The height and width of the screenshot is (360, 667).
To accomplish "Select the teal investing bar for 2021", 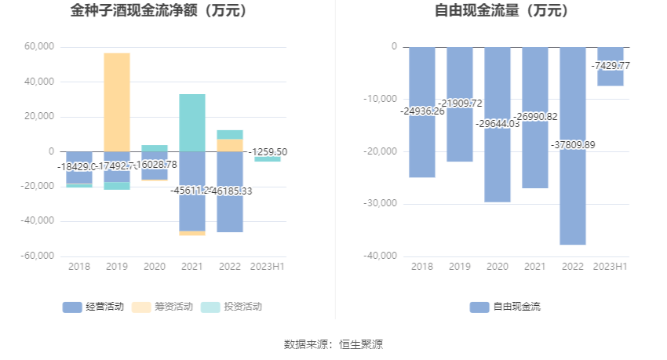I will pos(192,122).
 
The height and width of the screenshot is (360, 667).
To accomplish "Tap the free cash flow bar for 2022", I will pos(573,196).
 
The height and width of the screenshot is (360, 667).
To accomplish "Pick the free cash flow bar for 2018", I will pos(422,149).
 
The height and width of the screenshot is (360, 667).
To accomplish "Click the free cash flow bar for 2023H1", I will pos(611,76).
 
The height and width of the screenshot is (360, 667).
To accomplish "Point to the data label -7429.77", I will pos(610,66).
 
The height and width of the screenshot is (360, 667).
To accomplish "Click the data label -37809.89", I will pos(573,144).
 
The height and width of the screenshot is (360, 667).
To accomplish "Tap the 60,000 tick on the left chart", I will pos(39,47).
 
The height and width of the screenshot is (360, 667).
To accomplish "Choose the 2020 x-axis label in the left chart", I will pos(155,267).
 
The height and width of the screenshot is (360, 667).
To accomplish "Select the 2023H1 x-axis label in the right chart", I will pos(610,267).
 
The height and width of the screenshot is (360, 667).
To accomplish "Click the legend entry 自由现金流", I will pos(506,307).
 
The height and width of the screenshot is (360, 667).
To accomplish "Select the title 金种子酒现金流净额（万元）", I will pos(159,12).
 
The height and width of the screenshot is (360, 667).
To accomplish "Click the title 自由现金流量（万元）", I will pos(502,12).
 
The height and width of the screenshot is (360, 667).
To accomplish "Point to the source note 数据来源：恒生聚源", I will pos(333,344).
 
